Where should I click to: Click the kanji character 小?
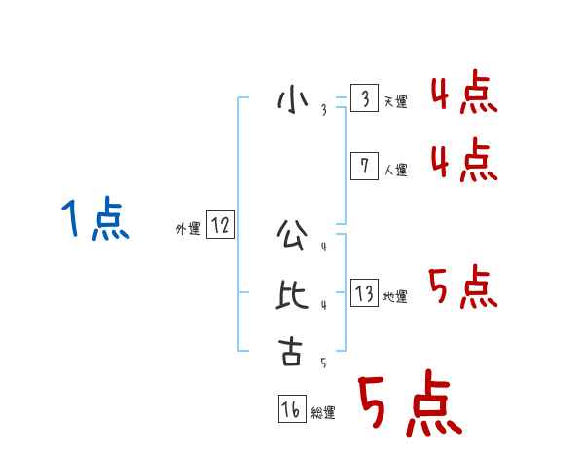[291, 99]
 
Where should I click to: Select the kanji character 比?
[291, 294]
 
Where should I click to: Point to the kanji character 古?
[291, 351]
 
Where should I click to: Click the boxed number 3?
[364, 99]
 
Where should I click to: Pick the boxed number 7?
[364, 167]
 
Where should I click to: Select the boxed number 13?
[364, 294]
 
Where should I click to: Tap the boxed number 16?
[291, 410]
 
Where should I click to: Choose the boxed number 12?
[220, 226]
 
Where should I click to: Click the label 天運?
[395, 102]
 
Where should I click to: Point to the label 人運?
[395, 170]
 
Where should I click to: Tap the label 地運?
[395, 297]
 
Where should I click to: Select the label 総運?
[323, 413]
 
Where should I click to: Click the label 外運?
[188, 229]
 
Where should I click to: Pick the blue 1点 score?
[95, 218]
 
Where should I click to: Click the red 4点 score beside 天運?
[463, 94]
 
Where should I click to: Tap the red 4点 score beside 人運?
[463, 161]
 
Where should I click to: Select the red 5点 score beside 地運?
[463, 287]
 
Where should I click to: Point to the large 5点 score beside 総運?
[409, 404]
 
